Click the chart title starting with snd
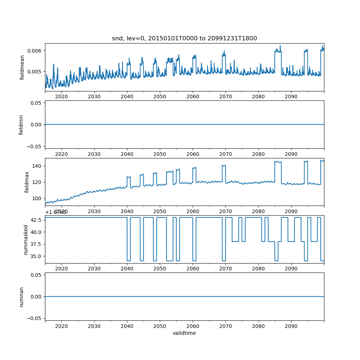(184, 39)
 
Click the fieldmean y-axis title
(22, 67)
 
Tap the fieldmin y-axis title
(21, 125)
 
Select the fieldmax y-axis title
(27, 182)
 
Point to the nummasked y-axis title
(26, 239)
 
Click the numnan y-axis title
(21, 297)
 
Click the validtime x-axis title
(184, 333)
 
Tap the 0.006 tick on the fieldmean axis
(36, 50)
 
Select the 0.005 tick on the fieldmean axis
(36, 71)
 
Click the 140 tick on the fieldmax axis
(38, 166)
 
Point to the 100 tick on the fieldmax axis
(38, 198)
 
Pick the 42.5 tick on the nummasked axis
(37, 220)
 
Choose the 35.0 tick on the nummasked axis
(37, 256)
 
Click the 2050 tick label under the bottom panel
(160, 326)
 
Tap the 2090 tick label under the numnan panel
(291, 326)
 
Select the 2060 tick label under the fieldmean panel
(193, 96)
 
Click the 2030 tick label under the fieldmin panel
(94, 154)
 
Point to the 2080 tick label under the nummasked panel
(258, 269)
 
